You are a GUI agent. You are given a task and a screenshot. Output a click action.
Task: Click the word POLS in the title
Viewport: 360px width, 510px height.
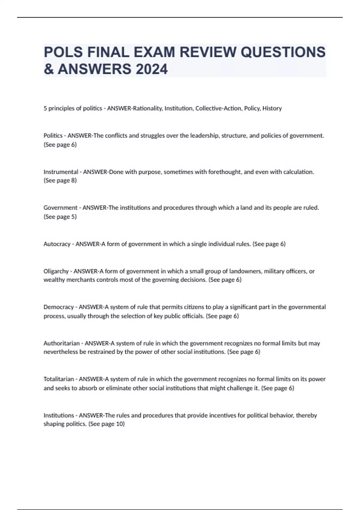coord(63,52)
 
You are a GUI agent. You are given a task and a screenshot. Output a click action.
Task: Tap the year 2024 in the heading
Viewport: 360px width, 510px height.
coord(151,69)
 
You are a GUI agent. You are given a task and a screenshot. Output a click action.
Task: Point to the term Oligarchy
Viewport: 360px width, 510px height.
coord(56,271)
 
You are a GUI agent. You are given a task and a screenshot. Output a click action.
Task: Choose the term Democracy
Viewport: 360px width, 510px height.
coord(58,307)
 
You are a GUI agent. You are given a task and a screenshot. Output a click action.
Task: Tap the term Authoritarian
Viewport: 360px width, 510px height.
coord(61,343)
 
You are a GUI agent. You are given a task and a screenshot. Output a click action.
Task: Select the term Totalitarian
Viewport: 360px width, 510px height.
coord(58,379)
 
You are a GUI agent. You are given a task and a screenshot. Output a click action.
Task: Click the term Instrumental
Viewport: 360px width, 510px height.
coord(61,172)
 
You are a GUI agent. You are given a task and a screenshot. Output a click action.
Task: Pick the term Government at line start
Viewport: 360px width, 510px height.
coord(60,208)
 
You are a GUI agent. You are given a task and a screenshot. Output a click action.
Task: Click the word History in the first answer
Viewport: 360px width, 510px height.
coord(272,108)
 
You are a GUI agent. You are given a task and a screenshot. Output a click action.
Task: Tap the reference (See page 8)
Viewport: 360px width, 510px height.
coord(60,180)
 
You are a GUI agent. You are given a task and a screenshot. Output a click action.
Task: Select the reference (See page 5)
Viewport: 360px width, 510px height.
coord(60,217)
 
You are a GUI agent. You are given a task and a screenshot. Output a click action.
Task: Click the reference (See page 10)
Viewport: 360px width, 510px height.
coord(106,424)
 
